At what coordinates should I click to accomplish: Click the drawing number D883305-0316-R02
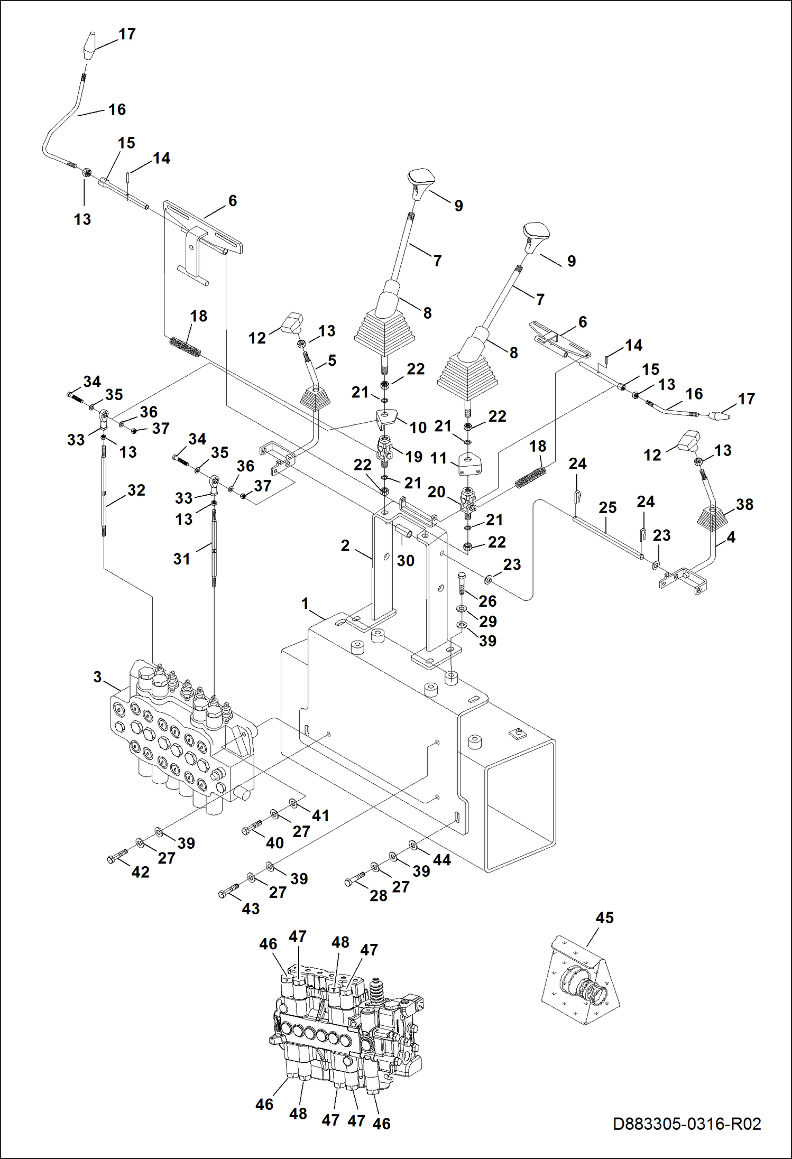pyautogui.click(x=687, y=1124)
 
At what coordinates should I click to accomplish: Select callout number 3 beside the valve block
pyautogui.click(x=97, y=677)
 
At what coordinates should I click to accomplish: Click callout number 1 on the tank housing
pyautogui.click(x=305, y=603)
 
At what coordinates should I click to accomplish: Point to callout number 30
pyautogui.click(x=406, y=560)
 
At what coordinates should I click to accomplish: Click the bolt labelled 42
pyautogui.click(x=117, y=857)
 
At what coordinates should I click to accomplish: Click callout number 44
pyautogui.click(x=442, y=860)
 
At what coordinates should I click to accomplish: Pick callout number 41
pyautogui.click(x=320, y=815)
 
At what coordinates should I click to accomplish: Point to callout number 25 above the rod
pyautogui.click(x=607, y=507)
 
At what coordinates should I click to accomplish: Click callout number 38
pyautogui.click(x=744, y=504)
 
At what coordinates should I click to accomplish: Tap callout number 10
pyautogui.click(x=418, y=427)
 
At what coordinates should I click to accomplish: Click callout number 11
pyautogui.click(x=438, y=458)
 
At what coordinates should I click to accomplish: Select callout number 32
pyautogui.click(x=136, y=490)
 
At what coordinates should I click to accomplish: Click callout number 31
pyautogui.click(x=181, y=559)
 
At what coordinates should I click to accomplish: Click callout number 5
pyautogui.click(x=332, y=360)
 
